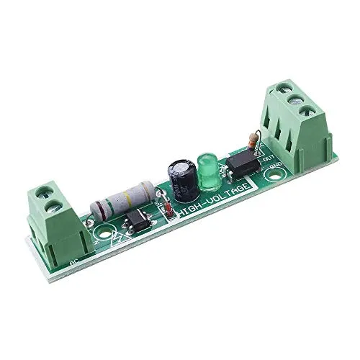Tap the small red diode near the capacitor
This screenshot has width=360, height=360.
pos(166,209)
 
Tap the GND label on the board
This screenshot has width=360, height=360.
pos(274,171)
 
